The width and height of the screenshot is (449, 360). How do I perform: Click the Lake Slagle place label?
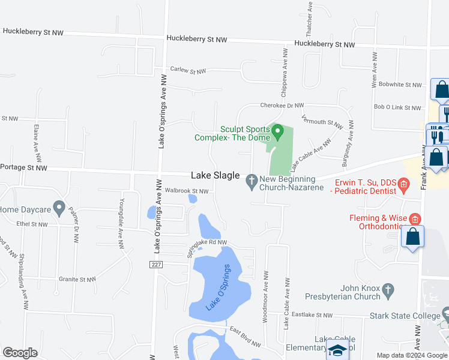click(215, 176)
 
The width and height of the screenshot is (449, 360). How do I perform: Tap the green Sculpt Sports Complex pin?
click(277, 131)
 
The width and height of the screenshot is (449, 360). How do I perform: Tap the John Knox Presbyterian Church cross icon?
click(388, 291)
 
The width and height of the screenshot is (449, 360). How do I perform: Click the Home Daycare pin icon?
click(59, 208)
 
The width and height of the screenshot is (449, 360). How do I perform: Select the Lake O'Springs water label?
click(218, 288)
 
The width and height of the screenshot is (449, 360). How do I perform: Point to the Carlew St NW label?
click(188, 71)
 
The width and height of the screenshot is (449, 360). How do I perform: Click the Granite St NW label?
click(77, 280)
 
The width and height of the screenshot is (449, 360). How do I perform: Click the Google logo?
click(20, 353)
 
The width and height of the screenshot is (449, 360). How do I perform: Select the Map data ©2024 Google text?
click(412, 355)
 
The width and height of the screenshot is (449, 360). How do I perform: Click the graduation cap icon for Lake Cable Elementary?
click(337, 350)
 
